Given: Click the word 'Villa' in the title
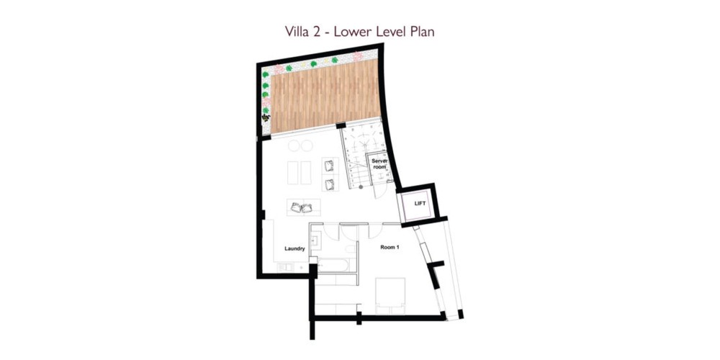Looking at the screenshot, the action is pyautogui.click(x=297, y=32).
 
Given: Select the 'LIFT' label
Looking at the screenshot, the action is pyautogui.click(x=420, y=203).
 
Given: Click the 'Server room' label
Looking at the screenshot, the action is pyautogui.click(x=379, y=164).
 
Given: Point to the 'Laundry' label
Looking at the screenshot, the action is pyautogui.click(x=294, y=249).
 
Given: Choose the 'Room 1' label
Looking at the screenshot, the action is pyautogui.click(x=390, y=247).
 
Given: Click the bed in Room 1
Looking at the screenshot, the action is pyautogui.click(x=390, y=296).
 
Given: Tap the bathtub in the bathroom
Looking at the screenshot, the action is pyautogui.click(x=334, y=265).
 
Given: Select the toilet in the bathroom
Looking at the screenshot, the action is pyautogui.click(x=351, y=248).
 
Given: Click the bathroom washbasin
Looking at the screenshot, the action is pyautogui.click(x=316, y=240).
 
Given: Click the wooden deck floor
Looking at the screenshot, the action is pyautogui.click(x=325, y=96).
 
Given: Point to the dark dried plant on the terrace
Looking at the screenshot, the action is pyautogui.click(x=266, y=118).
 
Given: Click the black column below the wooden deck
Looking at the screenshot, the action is pyautogui.click(x=341, y=125).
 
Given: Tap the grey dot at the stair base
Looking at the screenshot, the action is pyautogui.click(x=361, y=187).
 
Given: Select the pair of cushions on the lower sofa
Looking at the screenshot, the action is pyautogui.click(x=302, y=207).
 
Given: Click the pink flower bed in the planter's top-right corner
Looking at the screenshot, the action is pyautogui.click(x=358, y=56).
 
